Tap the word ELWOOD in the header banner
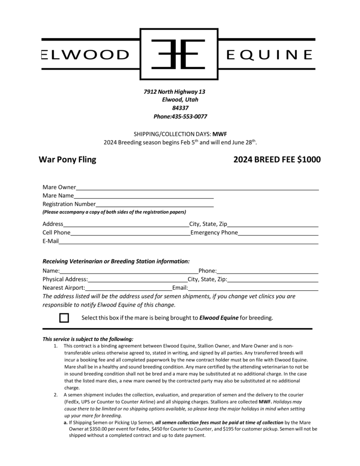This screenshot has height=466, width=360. coord(86,55)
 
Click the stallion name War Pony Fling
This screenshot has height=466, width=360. coord(67,160)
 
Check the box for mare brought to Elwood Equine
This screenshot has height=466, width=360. coord(64,318)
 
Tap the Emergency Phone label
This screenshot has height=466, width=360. coord(214,233)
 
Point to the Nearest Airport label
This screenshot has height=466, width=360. coord(64,288)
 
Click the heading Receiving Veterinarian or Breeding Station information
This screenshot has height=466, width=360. coord(116,262)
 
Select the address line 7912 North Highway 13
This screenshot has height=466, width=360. coord(174,92)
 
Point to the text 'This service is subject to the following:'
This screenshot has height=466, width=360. coord(88,339)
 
